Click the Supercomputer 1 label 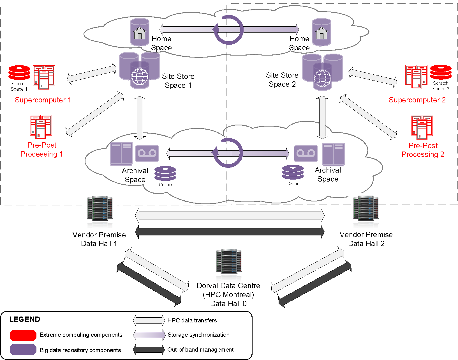click(43, 100)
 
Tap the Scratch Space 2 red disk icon click(441, 72)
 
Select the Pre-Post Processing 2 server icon click(422, 127)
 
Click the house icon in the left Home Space click(140, 33)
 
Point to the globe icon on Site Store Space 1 click(140, 77)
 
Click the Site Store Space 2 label click(282, 80)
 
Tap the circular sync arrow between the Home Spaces click(228, 30)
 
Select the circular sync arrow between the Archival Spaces click(228, 153)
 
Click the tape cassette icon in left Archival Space click(147, 153)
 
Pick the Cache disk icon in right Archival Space click(293, 172)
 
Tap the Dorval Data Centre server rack click(229, 262)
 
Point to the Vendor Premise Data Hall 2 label click(366, 239)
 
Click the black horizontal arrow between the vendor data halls click(230, 232)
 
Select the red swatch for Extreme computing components click(23, 335)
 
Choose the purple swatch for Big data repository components click(23, 350)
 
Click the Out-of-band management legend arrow click(149, 350)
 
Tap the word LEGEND click(25, 319)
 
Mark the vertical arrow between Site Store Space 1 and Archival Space click(140, 118)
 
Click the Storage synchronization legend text click(198, 335)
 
